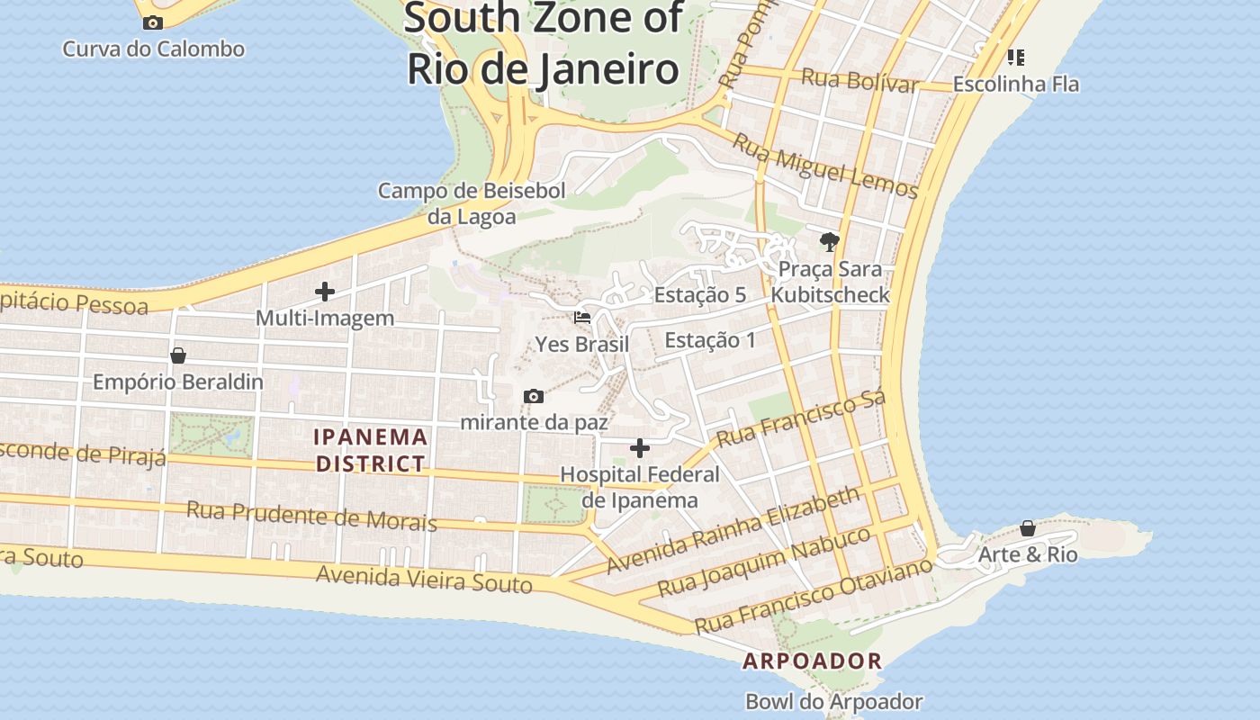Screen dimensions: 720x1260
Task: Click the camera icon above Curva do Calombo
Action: tap(153, 22)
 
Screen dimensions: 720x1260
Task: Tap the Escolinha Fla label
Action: tap(1015, 85)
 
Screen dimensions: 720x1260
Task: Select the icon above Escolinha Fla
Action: tap(1015, 58)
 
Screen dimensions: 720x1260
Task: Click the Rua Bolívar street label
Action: tap(859, 80)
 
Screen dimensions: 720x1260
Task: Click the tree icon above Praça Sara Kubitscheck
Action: tap(829, 241)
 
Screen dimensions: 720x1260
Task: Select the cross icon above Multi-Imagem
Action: tap(325, 292)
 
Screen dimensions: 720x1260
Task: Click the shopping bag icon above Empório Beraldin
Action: tap(178, 355)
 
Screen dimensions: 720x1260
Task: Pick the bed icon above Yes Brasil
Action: tap(582, 318)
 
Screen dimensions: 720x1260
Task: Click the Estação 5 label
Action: tap(700, 295)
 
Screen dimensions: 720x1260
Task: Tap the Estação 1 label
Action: tap(710, 340)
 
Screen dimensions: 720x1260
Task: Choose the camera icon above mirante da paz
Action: tap(534, 396)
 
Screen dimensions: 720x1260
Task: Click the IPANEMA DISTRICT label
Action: tap(371, 450)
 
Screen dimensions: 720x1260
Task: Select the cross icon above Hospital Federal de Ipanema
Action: tap(640, 448)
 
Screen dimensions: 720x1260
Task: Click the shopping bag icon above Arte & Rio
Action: tap(1027, 528)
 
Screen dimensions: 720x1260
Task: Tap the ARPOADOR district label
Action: tap(812, 661)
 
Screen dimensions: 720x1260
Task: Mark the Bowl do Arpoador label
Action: tap(833, 701)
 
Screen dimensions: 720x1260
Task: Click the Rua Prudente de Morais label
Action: tap(311, 516)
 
